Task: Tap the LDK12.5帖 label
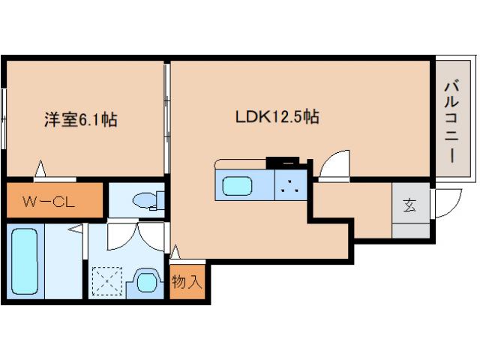tap(277, 117)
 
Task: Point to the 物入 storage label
tap(186, 282)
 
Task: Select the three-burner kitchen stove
tap(289, 187)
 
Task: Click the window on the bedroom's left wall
tap(4, 117)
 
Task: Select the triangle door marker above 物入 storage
tap(175, 251)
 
